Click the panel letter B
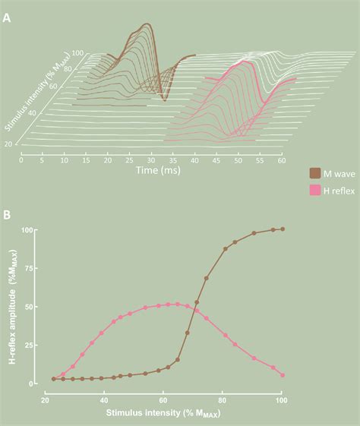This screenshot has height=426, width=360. [x=7, y=214]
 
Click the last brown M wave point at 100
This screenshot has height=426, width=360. [x=283, y=229]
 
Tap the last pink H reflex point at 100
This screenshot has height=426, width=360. [x=283, y=375]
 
